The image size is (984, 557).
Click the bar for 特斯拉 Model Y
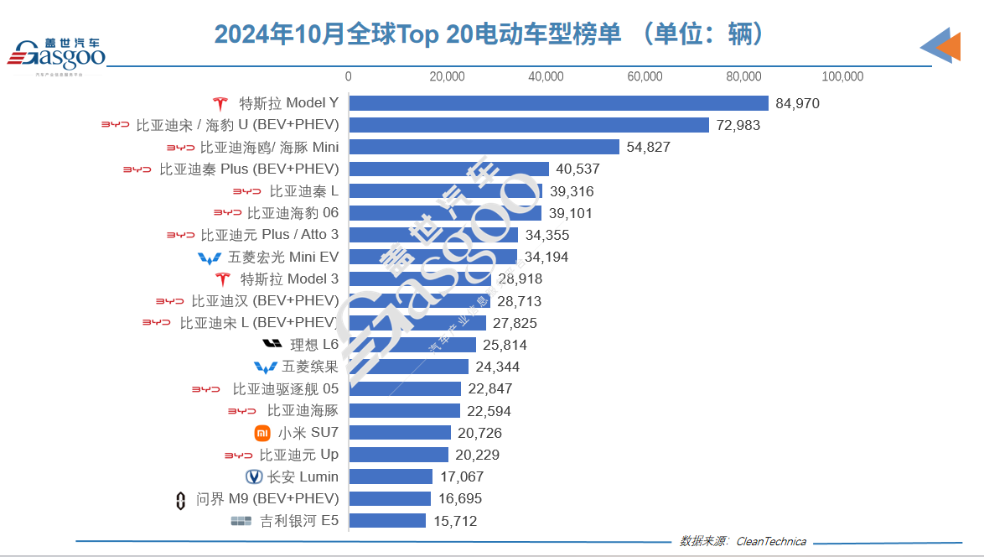(558, 103)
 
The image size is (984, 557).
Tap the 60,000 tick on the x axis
(645, 76)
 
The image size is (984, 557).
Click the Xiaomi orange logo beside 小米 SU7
(262, 433)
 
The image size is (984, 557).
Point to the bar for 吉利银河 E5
(387, 521)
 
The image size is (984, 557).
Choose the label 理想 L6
(314, 345)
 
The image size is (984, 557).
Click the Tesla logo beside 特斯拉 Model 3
(222, 279)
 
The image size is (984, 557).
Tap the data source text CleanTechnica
(771, 541)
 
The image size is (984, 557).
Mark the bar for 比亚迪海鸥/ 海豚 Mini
(484, 147)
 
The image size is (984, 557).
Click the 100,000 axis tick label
(842, 76)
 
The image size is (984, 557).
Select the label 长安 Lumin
(303, 476)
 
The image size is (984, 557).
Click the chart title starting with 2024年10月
(491, 34)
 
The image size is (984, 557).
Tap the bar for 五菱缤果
(408, 367)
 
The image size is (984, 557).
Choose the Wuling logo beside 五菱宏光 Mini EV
(210, 258)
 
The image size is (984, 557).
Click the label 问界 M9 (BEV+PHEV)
(267, 499)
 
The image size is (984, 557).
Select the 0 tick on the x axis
(349, 76)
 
